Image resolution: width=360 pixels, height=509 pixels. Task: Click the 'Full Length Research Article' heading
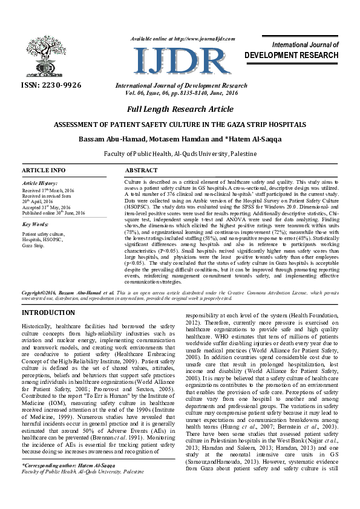tap(180, 109)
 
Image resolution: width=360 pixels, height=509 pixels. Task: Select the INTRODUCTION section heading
tap(48, 313)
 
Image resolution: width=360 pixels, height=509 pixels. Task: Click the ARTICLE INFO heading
tap(44, 170)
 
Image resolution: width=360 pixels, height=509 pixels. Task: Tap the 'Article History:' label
tap(39, 183)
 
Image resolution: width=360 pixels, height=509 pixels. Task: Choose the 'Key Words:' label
tap(35, 224)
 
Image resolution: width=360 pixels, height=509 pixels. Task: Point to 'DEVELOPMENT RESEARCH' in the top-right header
tap(291, 55)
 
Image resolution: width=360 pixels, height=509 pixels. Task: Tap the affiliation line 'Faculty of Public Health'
tap(180, 155)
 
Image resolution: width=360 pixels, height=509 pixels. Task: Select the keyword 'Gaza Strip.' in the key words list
tap(33, 246)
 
